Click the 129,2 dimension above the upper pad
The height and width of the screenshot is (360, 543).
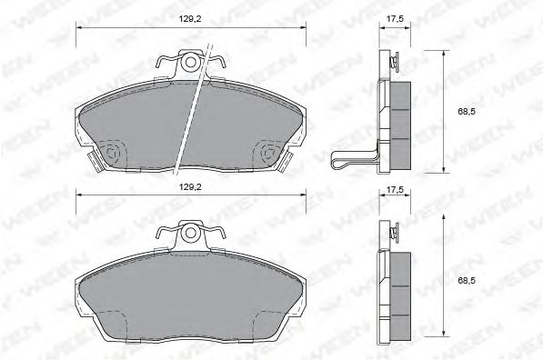pyautogui.click(x=190, y=18)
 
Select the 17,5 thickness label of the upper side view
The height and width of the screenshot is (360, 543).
pyautogui.click(x=393, y=18)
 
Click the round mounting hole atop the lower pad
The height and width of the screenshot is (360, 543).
pyautogui.click(x=190, y=233)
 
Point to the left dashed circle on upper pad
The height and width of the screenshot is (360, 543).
pyautogui.click(x=113, y=153)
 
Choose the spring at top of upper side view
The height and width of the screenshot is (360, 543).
pyautogui.click(x=394, y=62)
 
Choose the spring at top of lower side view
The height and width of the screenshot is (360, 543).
pyautogui.click(x=394, y=234)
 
